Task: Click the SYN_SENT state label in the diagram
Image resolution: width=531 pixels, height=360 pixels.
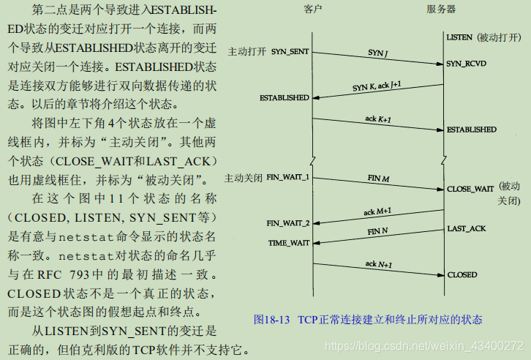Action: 290,52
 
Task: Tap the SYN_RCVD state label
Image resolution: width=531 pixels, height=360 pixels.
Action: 466,64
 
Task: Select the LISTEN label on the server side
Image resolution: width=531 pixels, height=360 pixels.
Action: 459,37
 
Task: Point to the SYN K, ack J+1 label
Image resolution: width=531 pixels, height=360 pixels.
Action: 377,86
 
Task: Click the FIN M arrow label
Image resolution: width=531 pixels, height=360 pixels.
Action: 378,178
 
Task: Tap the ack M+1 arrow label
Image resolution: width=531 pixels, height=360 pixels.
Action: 378,211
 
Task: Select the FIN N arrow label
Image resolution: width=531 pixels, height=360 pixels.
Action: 377,231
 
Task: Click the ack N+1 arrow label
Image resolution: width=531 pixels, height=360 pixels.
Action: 378,263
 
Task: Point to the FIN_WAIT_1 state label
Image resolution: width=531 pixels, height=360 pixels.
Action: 287,178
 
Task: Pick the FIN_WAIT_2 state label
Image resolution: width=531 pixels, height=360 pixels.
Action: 287,223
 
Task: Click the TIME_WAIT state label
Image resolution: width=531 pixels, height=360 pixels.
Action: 288,242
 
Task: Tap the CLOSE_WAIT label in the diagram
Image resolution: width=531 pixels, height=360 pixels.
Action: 470,189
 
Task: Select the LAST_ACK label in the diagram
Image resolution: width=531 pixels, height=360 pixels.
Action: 466,229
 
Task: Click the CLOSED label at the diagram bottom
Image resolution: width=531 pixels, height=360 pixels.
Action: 462,275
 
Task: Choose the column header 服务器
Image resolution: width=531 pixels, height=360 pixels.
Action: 441,10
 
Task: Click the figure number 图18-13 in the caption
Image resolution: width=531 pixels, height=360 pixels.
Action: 272,320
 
